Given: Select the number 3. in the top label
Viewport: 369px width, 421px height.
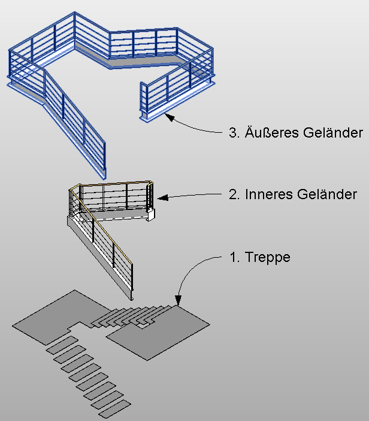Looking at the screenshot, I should click(234, 133).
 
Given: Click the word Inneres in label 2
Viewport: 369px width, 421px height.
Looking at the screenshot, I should click(266, 194).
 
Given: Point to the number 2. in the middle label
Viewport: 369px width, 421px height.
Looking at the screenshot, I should click(234, 194).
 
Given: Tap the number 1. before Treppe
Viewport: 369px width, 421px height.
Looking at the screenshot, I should click(235, 258).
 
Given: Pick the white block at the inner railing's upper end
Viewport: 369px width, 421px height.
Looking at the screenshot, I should click(150, 213).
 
